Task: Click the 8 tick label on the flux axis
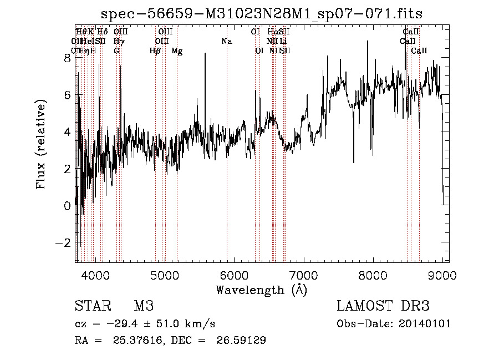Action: pos(67,58)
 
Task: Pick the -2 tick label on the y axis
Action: pos(64,243)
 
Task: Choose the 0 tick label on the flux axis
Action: pos(67,206)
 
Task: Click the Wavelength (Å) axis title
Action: pos(261,289)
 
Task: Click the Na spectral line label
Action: pos(226,41)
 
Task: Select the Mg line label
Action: pos(177,51)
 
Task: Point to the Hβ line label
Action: pos(155,51)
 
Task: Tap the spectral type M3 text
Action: pos(144,306)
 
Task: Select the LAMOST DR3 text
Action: pos(383,306)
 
